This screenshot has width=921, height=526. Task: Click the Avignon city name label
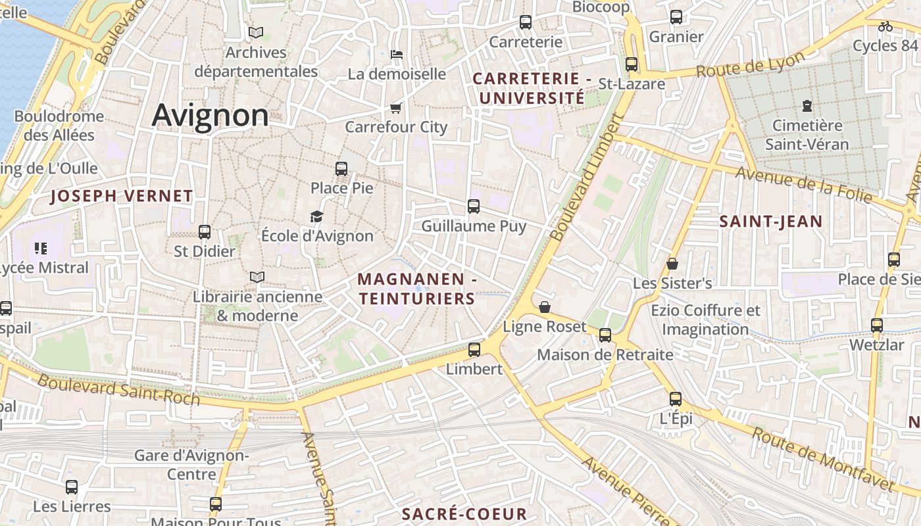point(211,116)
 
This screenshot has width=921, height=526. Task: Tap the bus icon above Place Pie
point(341,169)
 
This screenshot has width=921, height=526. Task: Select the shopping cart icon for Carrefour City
point(395,108)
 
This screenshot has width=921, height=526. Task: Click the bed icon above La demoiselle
point(397,55)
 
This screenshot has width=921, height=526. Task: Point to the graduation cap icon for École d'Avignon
point(317,216)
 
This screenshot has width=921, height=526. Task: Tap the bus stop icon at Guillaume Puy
point(474,206)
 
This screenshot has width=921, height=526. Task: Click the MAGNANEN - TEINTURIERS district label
point(417,289)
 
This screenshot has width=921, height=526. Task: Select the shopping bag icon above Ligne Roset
point(545,307)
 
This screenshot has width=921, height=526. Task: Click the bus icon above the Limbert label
point(474,350)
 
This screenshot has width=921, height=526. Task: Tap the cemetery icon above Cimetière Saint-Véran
point(807,105)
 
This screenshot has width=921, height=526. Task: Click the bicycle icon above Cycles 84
point(885,26)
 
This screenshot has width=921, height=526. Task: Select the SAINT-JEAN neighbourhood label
point(770,222)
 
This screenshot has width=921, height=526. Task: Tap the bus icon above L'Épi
point(676,399)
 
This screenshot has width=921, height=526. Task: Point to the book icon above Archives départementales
point(256,32)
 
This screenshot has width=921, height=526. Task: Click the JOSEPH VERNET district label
point(122,196)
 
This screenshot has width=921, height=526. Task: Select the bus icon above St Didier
point(205,232)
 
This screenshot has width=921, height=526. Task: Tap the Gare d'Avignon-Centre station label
point(191,464)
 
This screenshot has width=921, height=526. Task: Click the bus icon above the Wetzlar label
point(876,325)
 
